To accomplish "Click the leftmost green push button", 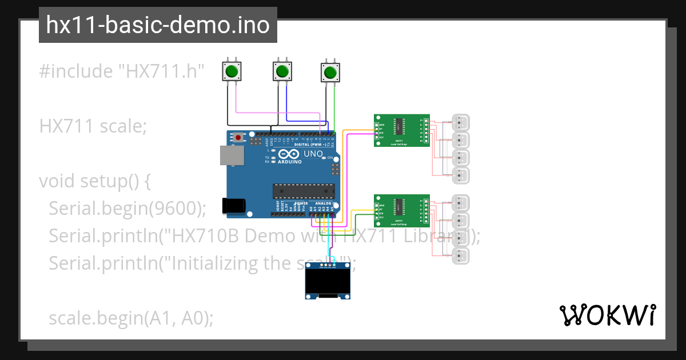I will (x=232, y=71).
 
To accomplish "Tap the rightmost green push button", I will (x=330, y=73).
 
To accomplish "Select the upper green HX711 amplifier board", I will (x=401, y=130).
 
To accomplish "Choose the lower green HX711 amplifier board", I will (x=401, y=211).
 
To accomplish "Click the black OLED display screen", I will (x=328, y=282).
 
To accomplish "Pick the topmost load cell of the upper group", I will (x=461, y=122).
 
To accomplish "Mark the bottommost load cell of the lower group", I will (x=461, y=255).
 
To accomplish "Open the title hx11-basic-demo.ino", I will (x=158, y=26).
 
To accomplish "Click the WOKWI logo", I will (x=607, y=315).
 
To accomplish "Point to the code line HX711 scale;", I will (x=93, y=126).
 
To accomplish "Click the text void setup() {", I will (x=95, y=181).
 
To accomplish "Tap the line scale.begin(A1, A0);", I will (x=131, y=318).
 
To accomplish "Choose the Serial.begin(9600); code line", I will (x=127, y=209).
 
